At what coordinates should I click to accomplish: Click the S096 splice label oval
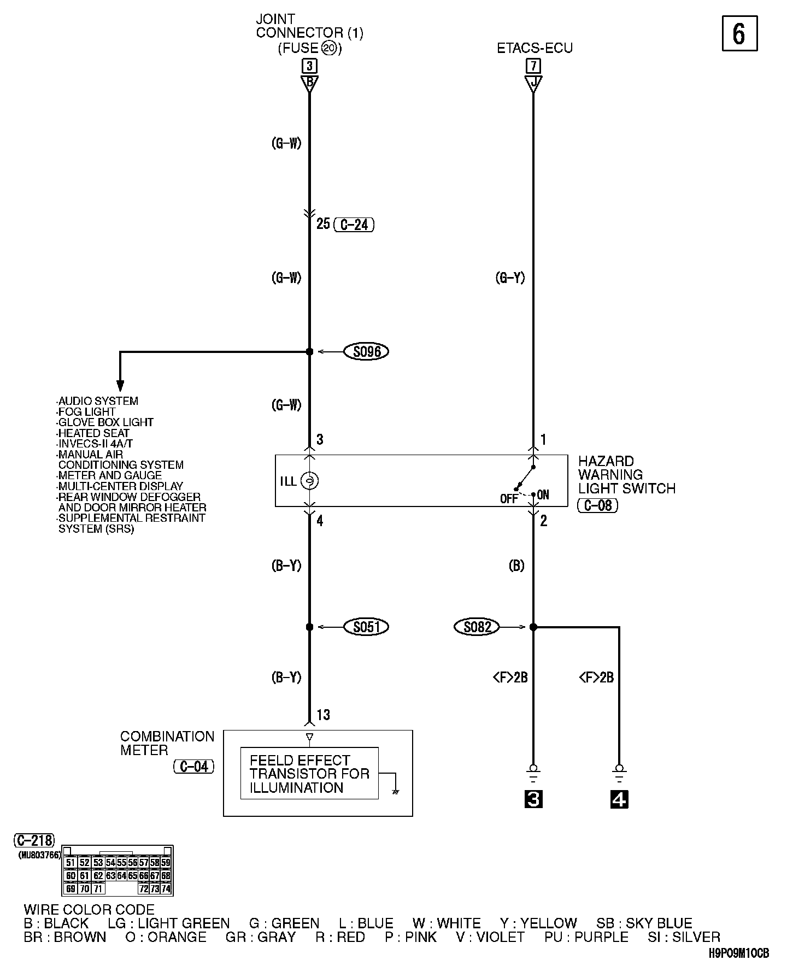click(x=366, y=351)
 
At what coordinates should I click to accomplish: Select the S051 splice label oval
click(x=366, y=627)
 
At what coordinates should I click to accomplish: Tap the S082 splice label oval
click(x=477, y=627)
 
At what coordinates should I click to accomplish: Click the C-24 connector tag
click(x=354, y=225)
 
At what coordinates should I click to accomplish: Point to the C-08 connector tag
click(x=598, y=505)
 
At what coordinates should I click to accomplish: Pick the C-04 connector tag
click(x=194, y=767)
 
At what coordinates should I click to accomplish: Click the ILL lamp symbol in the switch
click(x=310, y=481)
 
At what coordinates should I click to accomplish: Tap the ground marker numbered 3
click(x=533, y=799)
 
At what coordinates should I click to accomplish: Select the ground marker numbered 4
click(x=619, y=799)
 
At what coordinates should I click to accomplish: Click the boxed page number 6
click(x=739, y=34)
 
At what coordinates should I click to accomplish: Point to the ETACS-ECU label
click(x=535, y=48)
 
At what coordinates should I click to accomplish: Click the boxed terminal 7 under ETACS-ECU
click(x=533, y=66)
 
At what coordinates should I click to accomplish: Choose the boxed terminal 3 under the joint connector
click(x=309, y=66)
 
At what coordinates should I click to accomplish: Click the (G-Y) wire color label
click(x=510, y=278)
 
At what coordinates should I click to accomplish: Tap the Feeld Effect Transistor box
click(x=309, y=774)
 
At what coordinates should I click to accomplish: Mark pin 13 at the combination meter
click(x=323, y=715)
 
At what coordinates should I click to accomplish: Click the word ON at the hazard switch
click(x=543, y=495)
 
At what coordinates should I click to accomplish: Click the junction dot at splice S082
click(x=533, y=627)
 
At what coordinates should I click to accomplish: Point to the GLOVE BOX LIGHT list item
click(x=105, y=422)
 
